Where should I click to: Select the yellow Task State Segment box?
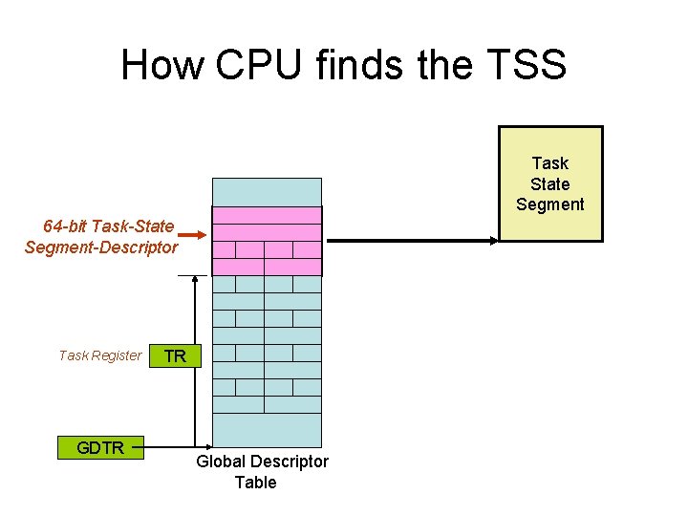(x=550, y=183)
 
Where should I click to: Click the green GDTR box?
(x=100, y=447)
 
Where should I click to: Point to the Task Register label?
(x=100, y=355)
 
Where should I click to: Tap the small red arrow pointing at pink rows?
(x=191, y=235)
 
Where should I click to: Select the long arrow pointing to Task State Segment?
(x=411, y=241)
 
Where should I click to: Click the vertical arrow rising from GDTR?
(x=195, y=363)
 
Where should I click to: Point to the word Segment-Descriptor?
(x=101, y=247)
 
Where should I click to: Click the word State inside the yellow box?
(x=550, y=183)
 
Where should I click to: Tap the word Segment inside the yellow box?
(x=550, y=204)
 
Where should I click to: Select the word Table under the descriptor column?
(x=255, y=483)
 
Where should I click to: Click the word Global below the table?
(x=223, y=462)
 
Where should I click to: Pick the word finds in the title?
(x=364, y=65)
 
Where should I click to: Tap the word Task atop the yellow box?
(x=550, y=163)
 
